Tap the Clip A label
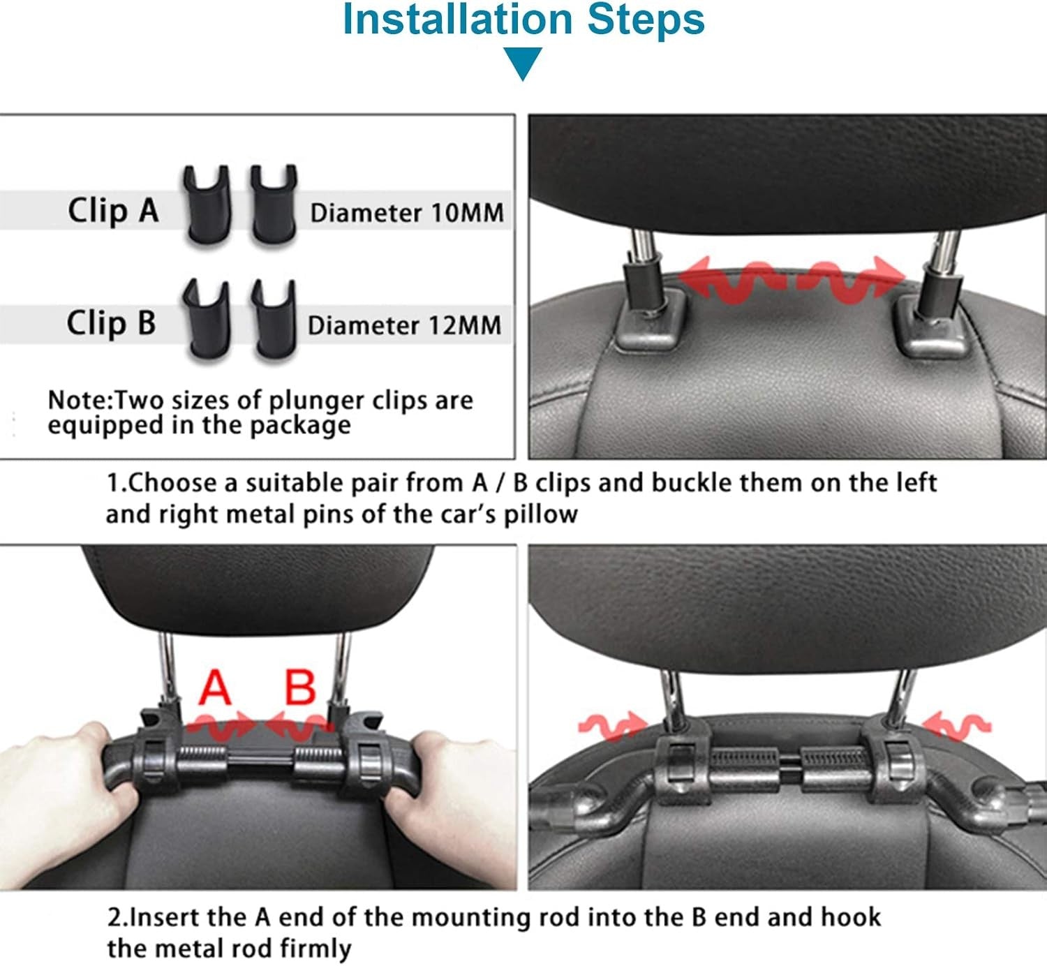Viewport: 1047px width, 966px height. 113,210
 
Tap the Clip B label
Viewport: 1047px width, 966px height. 111,322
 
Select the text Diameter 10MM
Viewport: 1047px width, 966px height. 407,213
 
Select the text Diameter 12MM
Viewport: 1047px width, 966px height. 404,325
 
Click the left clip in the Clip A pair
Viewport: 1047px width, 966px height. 207,206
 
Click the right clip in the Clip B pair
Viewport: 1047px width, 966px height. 274,319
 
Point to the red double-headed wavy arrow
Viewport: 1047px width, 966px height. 792,280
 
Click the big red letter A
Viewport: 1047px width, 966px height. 215,687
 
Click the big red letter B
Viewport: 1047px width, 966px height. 300,687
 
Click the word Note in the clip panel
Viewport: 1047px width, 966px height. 79,400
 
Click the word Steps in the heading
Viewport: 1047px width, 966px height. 646,20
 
